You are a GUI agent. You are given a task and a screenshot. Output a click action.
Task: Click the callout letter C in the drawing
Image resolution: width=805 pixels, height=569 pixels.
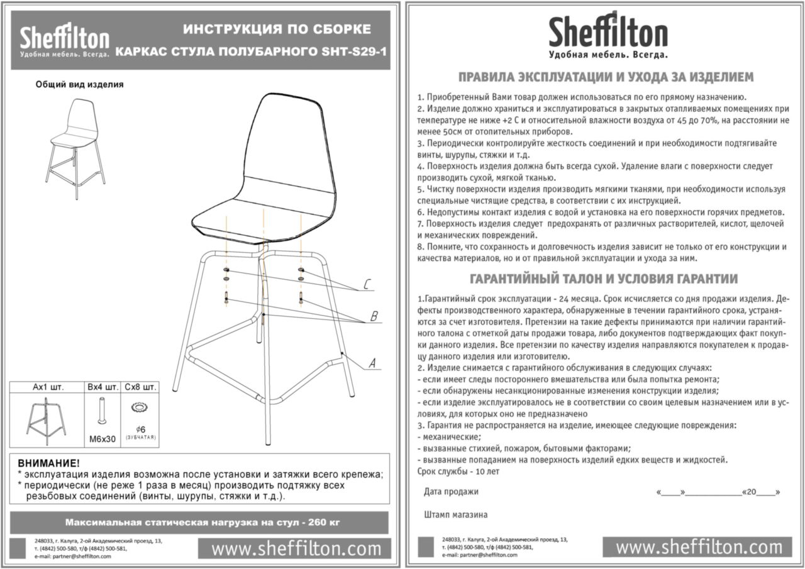pyautogui.click(x=367, y=284)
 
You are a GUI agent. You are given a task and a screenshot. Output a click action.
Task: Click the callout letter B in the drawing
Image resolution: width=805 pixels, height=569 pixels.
pyautogui.click(x=374, y=316)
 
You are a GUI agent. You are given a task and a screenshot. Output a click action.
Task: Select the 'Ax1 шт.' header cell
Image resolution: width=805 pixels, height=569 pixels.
pyautogui.click(x=48, y=387)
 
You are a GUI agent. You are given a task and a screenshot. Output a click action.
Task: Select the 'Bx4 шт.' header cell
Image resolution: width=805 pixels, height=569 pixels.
pyautogui.click(x=102, y=387)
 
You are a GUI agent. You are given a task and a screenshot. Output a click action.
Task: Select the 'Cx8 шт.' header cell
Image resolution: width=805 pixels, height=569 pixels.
pyautogui.click(x=140, y=387)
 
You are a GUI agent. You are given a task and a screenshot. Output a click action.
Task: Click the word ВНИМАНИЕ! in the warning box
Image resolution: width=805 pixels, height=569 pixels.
pyautogui.click(x=48, y=463)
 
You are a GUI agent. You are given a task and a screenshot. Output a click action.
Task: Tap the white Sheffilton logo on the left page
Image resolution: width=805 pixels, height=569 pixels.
pyautogui.click(x=64, y=41)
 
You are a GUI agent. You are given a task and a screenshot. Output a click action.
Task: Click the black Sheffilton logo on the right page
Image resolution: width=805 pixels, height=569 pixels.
pyautogui.click(x=607, y=35)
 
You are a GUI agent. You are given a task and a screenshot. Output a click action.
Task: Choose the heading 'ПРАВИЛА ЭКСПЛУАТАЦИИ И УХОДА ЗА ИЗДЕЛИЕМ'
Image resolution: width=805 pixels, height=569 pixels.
pyautogui.click(x=605, y=77)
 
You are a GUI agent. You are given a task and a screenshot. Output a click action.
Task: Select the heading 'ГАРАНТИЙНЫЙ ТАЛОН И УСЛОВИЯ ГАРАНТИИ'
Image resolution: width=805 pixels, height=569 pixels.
pyautogui.click(x=604, y=279)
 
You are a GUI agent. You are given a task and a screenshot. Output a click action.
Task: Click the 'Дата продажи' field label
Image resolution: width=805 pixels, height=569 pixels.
pyautogui.click(x=451, y=492)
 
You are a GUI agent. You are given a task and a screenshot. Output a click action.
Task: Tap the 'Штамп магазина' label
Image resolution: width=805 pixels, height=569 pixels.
pyautogui.click(x=456, y=515)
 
